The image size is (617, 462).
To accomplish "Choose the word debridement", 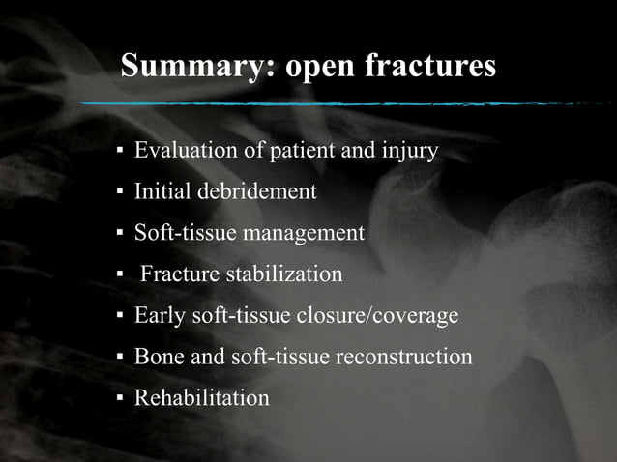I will (257, 191).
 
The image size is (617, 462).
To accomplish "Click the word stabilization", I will (283, 274).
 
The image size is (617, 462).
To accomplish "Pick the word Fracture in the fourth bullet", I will (180, 274).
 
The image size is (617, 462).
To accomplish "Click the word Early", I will (159, 315).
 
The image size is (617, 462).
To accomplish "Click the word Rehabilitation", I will (201, 397).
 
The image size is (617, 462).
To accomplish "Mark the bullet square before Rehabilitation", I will (120, 399).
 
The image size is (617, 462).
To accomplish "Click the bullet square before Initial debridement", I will (120, 193).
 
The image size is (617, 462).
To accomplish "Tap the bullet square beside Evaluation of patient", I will (120, 153).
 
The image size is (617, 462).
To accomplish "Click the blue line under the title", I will (338, 102).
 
